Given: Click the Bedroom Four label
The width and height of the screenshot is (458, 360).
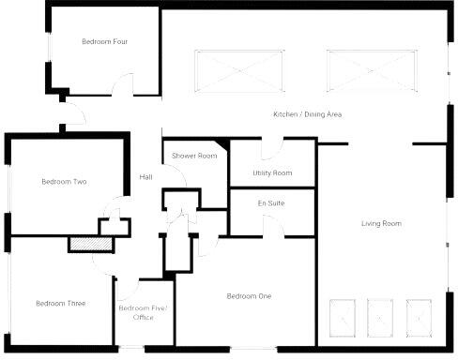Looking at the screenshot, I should pos(103,41).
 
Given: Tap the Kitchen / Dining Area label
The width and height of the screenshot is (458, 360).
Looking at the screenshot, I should pos(306,114).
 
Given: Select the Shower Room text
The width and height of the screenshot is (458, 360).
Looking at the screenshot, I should pos(194,156).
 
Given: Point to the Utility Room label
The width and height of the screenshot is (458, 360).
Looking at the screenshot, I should pos(272,173).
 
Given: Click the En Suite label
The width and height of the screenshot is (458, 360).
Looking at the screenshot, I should pos(271,203).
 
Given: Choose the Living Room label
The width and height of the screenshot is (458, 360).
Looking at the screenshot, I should pos(381,223).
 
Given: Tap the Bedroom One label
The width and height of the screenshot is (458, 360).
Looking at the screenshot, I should pos(249,296).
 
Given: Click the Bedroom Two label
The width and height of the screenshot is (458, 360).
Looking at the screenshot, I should pos(64,182).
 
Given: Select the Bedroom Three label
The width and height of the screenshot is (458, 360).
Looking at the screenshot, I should pos(60,303).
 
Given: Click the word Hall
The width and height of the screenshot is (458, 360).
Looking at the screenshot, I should pos(145,177).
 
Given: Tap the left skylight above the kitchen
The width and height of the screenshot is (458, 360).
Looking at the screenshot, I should pos(238,71).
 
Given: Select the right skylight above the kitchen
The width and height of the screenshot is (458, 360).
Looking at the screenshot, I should pos(370,71).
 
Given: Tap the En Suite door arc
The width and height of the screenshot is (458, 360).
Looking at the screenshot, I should pos(273,225).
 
